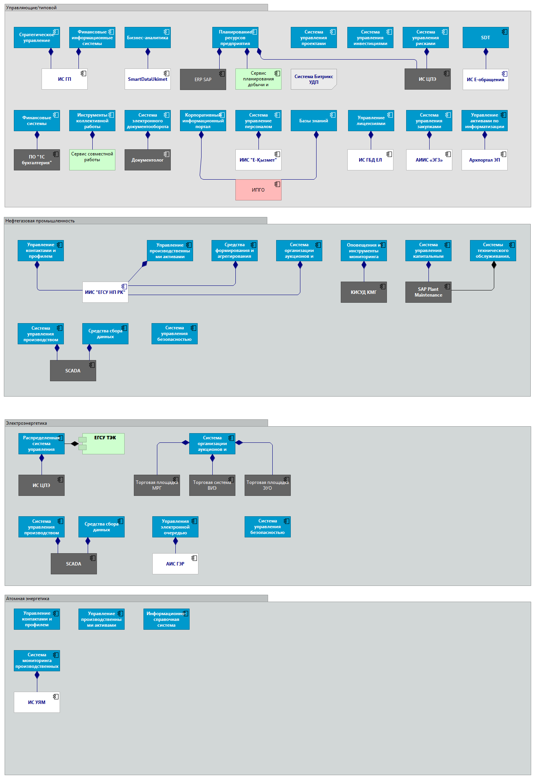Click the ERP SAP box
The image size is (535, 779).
coord(203,80)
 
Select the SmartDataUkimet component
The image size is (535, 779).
coord(147,79)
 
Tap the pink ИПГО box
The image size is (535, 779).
coord(258,190)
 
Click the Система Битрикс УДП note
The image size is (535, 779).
coord(313,79)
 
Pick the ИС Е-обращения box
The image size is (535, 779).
coord(485,80)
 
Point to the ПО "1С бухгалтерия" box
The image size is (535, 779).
coord(37,160)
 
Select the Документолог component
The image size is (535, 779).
coord(147,160)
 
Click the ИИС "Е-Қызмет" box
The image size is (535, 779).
coord(258,160)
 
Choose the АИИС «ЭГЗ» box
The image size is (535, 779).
coord(429,160)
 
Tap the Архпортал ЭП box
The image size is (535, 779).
coord(484,160)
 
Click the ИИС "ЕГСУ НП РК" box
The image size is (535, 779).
coord(105,292)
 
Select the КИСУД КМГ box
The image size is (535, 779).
coord(363,292)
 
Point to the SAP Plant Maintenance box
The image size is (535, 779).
coord(428,292)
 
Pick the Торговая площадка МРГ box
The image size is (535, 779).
coord(157,485)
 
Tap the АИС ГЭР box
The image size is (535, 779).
coord(175,564)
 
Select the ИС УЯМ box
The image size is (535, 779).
coord(37,702)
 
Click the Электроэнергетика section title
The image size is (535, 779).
coord(27,423)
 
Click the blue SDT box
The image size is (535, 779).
coord(485,38)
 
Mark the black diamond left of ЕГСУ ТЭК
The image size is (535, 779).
coord(75,444)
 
